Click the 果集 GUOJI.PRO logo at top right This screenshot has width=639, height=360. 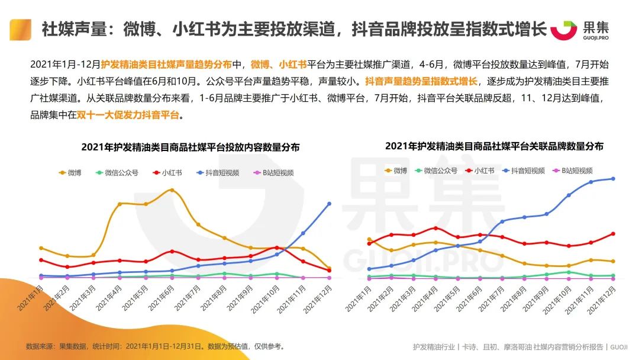(580, 30)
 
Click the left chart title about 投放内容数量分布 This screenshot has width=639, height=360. (190, 147)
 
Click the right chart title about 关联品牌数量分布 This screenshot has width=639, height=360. (494, 146)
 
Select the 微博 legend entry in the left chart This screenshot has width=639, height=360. (70, 173)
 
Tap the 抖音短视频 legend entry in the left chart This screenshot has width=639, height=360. (217, 173)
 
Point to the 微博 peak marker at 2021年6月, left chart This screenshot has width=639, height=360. (172, 190)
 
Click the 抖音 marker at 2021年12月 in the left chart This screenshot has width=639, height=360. (329, 204)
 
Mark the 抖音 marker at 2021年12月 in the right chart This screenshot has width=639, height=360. (612, 178)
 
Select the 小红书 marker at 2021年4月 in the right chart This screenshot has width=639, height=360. (435, 228)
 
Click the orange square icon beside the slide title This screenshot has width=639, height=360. (20, 29)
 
